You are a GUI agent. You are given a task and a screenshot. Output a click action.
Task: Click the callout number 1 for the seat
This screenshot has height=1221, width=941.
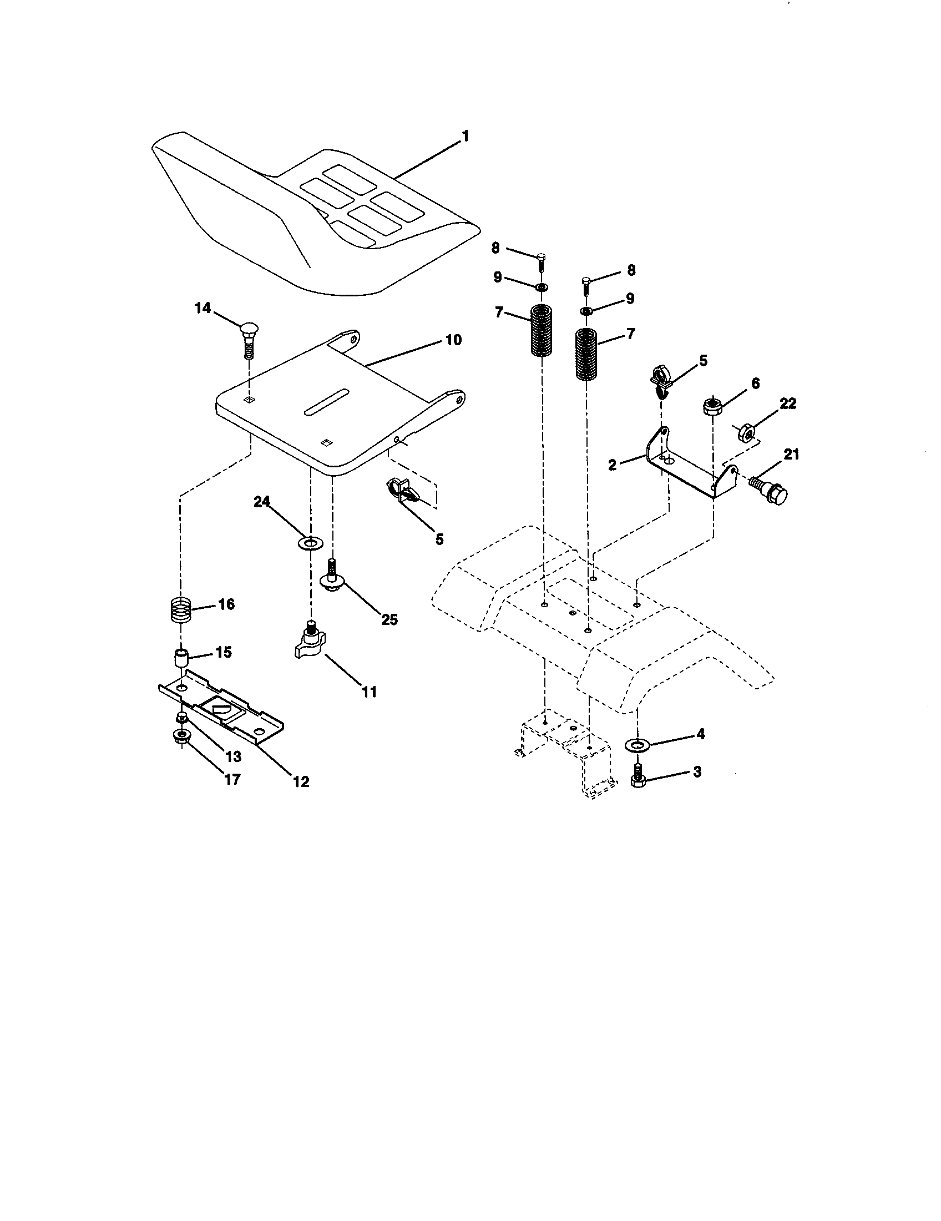point(464,136)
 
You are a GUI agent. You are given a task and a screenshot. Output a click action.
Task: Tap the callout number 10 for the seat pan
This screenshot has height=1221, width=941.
point(453,339)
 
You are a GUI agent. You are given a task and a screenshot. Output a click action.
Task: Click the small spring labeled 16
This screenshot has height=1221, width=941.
point(181,609)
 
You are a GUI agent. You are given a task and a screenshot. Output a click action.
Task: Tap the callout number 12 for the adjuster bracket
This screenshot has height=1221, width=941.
point(301,781)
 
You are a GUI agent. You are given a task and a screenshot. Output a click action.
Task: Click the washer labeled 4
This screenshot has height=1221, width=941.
point(636,744)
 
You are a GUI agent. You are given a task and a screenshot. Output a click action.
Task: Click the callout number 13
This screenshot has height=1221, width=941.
point(233,756)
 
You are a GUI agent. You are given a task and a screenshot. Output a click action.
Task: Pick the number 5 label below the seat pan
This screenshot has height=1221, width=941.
point(439,539)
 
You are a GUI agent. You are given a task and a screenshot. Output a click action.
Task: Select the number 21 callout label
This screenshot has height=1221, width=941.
point(791,455)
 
